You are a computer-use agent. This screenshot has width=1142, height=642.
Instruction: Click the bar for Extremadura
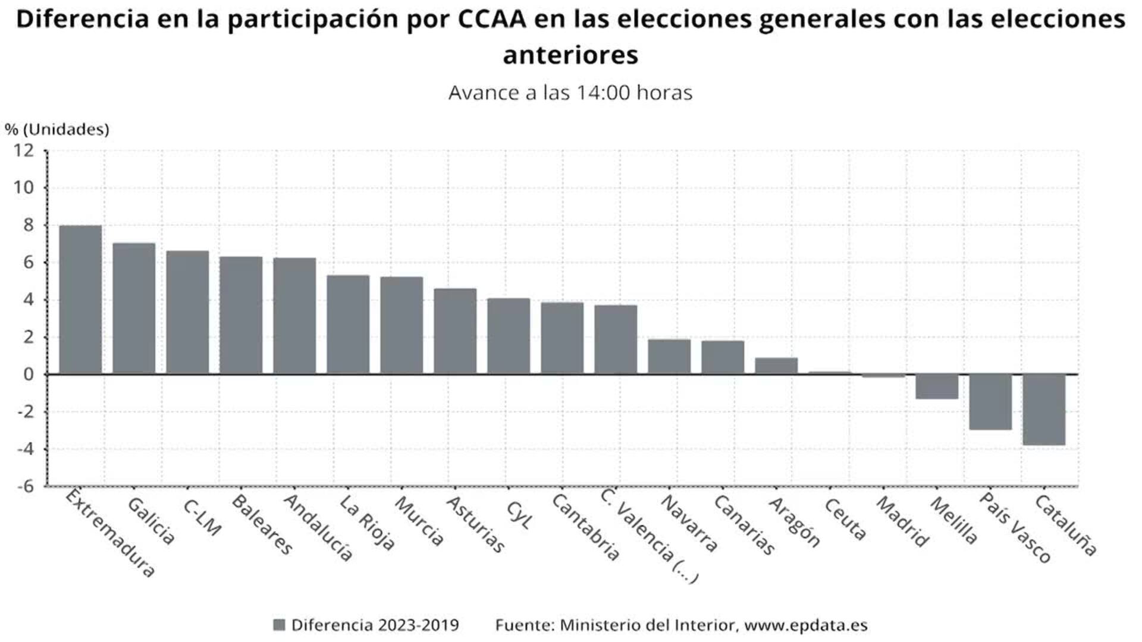[x=80, y=300]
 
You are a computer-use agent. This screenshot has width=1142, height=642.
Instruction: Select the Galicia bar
[x=134, y=309]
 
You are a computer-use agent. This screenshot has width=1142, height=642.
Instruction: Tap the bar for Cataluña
[x=1044, y=410]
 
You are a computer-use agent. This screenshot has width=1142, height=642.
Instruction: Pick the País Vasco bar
[x=990, y=402]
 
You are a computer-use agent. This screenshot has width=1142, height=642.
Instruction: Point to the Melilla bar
[x=937, y=386]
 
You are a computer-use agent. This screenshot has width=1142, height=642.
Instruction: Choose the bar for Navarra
[x=669, y=357]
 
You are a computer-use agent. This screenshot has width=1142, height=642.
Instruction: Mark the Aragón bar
[x=776, y=366]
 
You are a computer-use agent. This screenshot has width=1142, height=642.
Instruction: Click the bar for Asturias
[x=455, y=331]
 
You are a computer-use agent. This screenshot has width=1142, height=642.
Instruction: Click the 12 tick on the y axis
[x=24, y=151]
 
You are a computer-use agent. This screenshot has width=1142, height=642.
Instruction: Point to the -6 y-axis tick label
[x=24, y=486]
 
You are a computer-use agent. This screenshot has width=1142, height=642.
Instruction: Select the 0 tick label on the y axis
[x=29, y=374]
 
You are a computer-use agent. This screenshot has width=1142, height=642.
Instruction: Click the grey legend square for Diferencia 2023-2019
[x=279, y=625]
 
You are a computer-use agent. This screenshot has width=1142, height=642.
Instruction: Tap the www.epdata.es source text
[x=805, y=625]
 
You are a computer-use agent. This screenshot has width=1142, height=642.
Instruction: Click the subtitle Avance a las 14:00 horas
[x=570, y=93]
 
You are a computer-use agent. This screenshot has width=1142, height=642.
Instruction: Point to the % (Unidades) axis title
[x=57, y=129]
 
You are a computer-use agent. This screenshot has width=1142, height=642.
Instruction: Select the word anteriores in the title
[x=570, y=55]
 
